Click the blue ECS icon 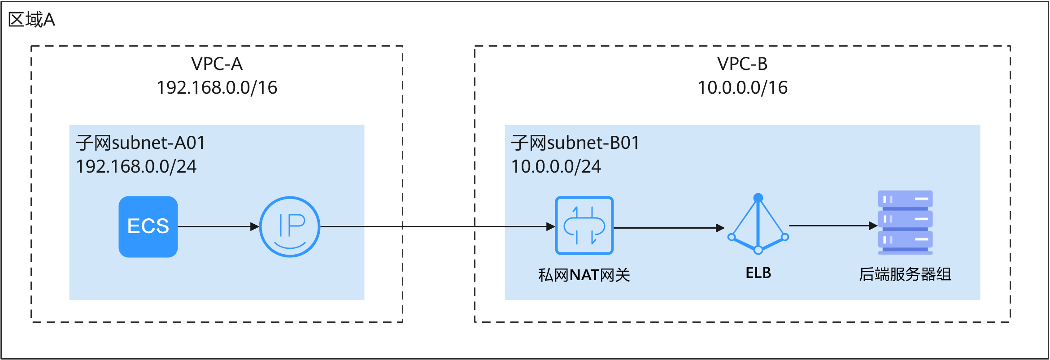point(148,226)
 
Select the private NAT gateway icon point(584,226)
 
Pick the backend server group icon point(905,222)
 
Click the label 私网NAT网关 point(584,275)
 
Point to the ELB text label point(758,273)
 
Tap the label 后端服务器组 point(905,274)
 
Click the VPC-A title point(217,64)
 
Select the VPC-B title point(742,64)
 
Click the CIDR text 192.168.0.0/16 point(217,87)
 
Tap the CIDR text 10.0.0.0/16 point(742,87)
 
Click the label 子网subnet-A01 point(140,143)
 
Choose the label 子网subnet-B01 point(575,143)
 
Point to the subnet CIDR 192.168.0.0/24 point(136,167)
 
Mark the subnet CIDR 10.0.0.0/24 point(556,167)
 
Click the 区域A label point(31,20)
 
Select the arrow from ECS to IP point(219,226)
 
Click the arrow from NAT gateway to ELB point(669,228)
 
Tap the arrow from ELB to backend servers point(833,226)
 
